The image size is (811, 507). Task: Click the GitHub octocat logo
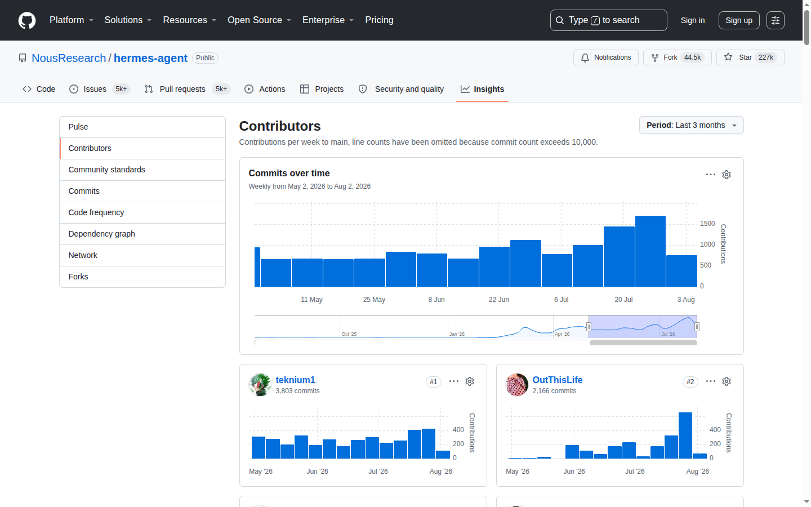[27, 20]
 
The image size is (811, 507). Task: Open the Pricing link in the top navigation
[379, 20]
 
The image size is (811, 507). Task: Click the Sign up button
[738, 20]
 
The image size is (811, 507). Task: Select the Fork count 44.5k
[692, 57]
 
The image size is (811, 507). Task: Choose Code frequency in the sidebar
[96, 212]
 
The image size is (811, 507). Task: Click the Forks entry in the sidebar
[78, 277]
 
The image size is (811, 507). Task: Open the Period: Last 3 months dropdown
[691, 125]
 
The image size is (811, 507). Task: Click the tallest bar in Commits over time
[650, 251]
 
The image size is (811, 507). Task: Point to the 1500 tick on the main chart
[707, 224]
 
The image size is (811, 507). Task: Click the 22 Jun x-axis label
[498, 300]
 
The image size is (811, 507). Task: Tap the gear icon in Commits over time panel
[727, 175]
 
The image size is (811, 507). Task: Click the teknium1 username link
[295, 380]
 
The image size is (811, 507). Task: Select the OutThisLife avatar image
[516, 385]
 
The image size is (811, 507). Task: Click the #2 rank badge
[690, 382]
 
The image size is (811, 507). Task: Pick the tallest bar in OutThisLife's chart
[685, 435]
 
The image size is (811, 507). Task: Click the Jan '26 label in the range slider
[457, 334]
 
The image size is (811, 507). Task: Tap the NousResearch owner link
[69, 58]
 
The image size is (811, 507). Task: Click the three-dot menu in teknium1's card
[454, 381]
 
